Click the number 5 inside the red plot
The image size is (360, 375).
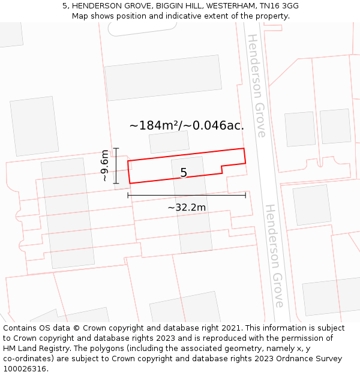pos(184,173)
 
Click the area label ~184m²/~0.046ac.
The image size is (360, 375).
pos(187,125)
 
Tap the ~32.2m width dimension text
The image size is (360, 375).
pos(187,208)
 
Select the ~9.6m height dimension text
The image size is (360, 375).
pos(105,166)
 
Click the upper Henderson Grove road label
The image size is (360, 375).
pos(256,85)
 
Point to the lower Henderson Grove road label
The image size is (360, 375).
pos(274,256)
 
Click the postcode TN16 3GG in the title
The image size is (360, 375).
pos(282,6)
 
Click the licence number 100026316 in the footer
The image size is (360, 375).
pos(26,369)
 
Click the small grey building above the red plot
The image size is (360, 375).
pos(169,142)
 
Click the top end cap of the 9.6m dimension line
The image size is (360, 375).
pos(116,148)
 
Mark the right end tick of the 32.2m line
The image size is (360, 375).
pos(245,195)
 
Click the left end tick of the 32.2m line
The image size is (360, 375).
pos(128,195)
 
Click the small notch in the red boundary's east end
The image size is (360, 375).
pos(223,169)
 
